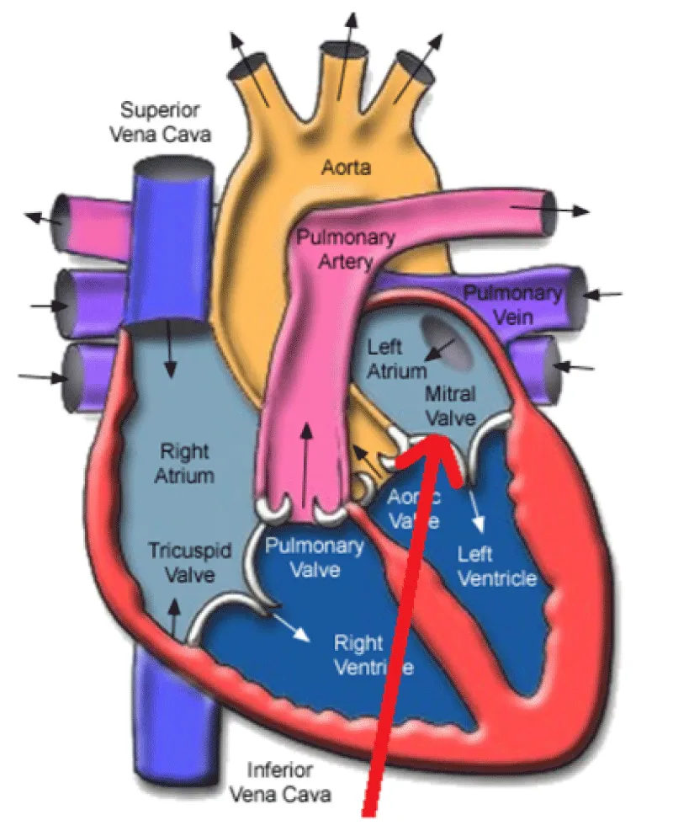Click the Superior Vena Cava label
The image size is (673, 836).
165,121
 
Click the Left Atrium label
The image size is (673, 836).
385,357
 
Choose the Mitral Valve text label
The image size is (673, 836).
451,405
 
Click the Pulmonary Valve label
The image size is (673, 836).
315,557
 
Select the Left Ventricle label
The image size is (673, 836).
496,566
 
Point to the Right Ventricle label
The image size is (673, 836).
374,655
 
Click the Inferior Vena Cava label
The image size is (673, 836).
280,780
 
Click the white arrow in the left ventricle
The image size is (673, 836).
477,513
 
